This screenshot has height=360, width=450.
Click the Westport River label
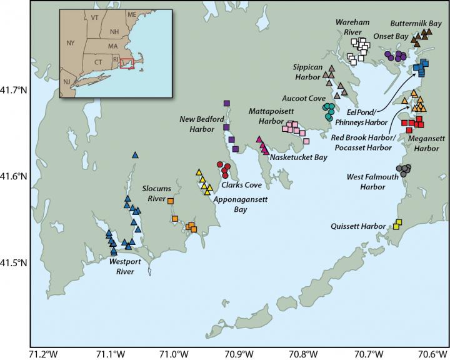(x=125, y=267)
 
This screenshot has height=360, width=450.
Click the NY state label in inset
(x=71, y=43)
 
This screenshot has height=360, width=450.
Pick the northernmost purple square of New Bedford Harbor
(x=226, y=104)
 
